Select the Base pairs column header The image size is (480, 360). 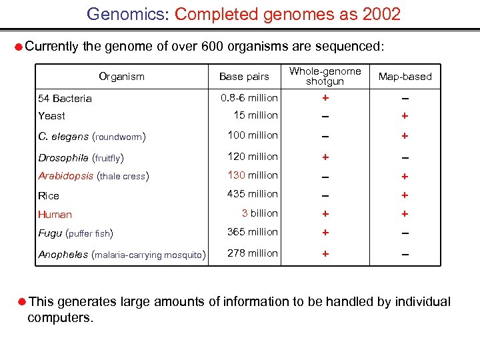244,77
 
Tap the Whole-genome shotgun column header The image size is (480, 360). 325,76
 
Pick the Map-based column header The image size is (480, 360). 405,77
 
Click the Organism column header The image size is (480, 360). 121,77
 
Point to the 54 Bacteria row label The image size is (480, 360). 65,99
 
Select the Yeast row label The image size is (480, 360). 52,116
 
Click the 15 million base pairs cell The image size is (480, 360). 255,115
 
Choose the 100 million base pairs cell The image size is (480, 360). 253,135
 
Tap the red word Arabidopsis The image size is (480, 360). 66,176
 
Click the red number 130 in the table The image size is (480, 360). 237,175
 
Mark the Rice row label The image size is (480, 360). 49,196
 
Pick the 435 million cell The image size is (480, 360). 253,194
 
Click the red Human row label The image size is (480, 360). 55,215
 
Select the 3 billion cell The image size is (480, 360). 259,213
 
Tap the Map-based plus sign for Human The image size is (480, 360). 405,214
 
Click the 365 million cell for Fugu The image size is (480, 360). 253,232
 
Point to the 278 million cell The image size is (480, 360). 253,253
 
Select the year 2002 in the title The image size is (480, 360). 381,14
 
